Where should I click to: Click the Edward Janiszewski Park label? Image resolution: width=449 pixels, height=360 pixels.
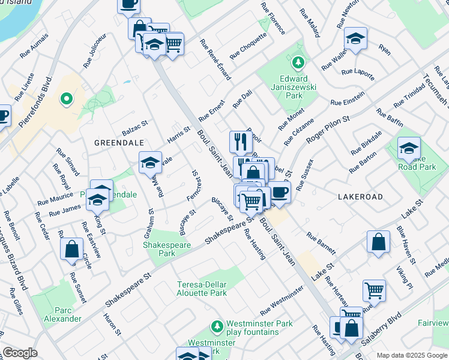point(294,87)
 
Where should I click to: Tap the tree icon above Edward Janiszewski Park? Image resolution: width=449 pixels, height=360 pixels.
point(297,62)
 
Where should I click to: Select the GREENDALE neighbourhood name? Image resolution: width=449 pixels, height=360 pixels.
point(119,143)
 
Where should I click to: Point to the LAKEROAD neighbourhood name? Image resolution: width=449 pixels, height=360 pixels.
point(360,196)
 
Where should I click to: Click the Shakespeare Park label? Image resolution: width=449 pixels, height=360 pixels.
point(158,249)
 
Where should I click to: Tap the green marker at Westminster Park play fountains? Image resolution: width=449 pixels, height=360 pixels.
point(217,326)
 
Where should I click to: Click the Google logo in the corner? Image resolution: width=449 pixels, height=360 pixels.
point(19,353)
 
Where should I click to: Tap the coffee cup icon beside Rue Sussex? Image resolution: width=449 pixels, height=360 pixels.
point(279,191)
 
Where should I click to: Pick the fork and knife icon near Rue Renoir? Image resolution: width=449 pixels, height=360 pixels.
point(240,142)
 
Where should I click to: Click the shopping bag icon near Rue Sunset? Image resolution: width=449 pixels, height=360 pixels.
point(71,248)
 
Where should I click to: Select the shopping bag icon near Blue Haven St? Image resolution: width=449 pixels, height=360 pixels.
point(378,243)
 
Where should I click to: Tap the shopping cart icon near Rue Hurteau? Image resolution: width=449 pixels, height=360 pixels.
point(374,290)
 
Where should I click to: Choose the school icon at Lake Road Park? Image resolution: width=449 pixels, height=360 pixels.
point(409,148)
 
